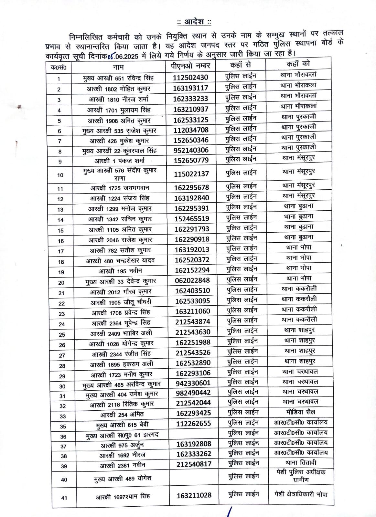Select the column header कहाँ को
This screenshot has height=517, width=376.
pos(298,64)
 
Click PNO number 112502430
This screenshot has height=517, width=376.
pos(190,78)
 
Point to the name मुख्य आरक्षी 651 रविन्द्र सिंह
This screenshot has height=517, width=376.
pos(118,78)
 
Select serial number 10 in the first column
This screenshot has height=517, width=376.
pos(60,175)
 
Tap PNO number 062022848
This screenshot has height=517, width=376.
pos(192,280)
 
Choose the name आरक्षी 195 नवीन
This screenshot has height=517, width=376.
pos(120,271)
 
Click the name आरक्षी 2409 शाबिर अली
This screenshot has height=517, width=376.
pos(121,333)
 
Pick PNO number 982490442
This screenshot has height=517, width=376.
pos(193,393)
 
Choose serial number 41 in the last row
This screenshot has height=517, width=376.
pos(64,498)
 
